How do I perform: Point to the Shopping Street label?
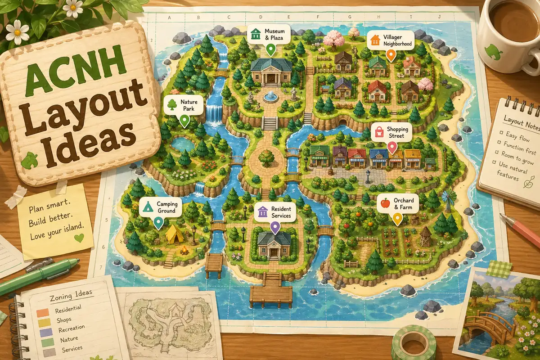coord(391,132)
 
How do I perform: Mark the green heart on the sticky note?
coord(80,237)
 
